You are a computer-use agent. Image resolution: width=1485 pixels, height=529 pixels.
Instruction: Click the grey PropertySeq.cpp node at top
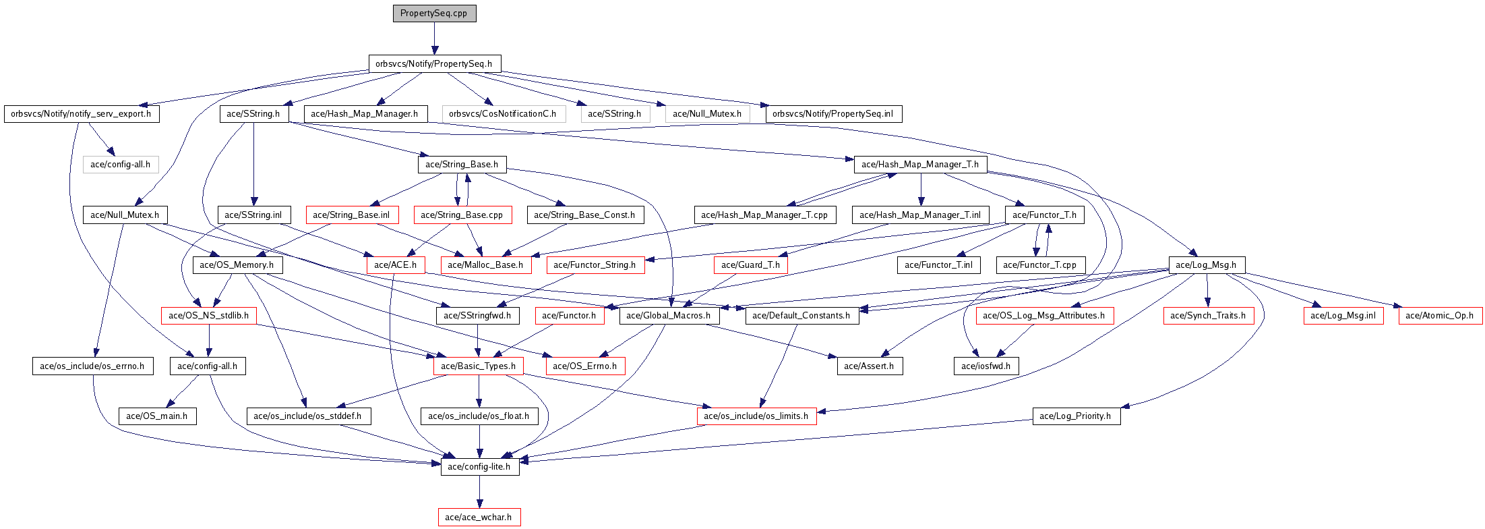click(434, 13)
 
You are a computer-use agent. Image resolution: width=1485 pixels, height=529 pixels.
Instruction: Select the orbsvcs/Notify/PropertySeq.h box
click(434, 64)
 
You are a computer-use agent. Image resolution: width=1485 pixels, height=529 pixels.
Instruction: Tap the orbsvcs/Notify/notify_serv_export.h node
click(81, 114)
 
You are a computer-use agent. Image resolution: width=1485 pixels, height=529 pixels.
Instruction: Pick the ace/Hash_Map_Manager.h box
click(365, 114)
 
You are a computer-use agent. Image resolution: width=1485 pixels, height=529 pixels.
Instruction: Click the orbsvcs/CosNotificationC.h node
click(503, 114)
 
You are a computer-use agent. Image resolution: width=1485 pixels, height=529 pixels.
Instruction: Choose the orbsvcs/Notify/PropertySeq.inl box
click(833, 114)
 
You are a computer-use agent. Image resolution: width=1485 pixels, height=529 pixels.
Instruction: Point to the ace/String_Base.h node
click(462, 165)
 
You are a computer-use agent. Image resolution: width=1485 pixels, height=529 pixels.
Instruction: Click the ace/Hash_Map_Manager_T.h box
click(920, 165)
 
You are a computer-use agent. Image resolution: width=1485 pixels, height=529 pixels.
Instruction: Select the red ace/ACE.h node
click(396, 265)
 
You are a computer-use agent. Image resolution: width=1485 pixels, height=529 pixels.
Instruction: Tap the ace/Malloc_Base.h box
click(485, 265)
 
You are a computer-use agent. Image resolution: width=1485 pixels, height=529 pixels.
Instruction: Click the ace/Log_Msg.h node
click(1206, 265)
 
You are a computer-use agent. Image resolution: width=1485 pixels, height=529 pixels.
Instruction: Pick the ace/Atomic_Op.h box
click(1440, 316)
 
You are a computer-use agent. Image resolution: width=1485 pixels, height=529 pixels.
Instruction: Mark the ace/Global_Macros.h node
click(669, 316)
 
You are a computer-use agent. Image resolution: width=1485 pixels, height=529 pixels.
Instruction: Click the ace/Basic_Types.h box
click(478, 366)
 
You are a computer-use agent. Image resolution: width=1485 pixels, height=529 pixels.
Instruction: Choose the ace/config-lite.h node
click(479, 467)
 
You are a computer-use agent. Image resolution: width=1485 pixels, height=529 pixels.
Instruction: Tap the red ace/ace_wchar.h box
click(479, 518)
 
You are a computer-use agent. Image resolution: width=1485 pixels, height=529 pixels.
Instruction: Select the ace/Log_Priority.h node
click(1075, 416)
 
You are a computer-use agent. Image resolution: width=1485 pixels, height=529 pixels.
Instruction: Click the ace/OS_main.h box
click(157, 416)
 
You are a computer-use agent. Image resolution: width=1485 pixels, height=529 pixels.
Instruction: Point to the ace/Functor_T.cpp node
click(1039, 265)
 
